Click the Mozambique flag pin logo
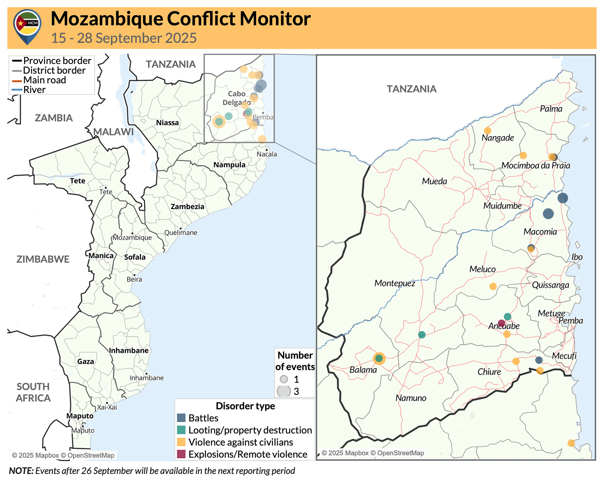pyautogui.click(x=27, y=26)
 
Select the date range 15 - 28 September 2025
pyautogui.click(x=124, y=38)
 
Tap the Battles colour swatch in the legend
pyautogui.click(x=181, y=418)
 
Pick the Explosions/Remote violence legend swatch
pyautogui.click(x=181, y=454)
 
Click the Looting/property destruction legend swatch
pyautogui.click(x=181, y=430)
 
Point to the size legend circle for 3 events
pyautogui.click(x=284, y=391)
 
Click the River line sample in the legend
pyautogui.click(x=17, y=90)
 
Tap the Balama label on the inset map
pyautogui.click(x=363, y=370)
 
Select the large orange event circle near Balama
pyautogui.click(x=379, y=358)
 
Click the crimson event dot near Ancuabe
pyautogui.click(x=501, y=323)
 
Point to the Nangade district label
pyautogui.click(x=498, y=138)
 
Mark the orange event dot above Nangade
pyautogui.click(x=487, y=131)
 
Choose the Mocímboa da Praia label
pyautogui.click(x=535, y=166)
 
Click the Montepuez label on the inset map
pyautogui.click(x=395, y=283)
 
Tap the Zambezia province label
pyautogui.click(x=187, y=207)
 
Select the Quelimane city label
pyautogui.click(x=181, y=233)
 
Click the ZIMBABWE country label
pyautogui.click(x=43, y=259)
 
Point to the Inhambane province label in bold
pyautogui.click(x=129, y=350)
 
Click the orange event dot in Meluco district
pyautogui.click(x=493, y=286)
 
